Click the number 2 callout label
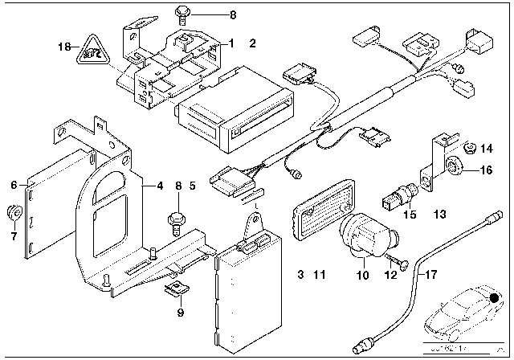[252, 43]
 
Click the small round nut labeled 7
[35, 213]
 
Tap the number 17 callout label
[432, 276]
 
